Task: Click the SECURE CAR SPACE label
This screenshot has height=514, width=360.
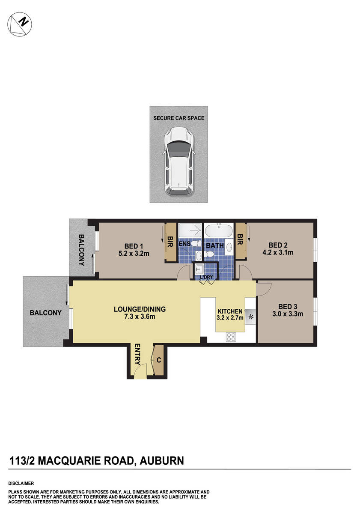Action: pos(179,118)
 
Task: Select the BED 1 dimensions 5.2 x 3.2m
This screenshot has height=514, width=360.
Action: pos(134,253)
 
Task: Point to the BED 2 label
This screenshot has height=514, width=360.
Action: pos(279,245)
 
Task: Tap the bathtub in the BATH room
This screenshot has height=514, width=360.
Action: pos(219,231)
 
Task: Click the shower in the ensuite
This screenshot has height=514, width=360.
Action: pos(189,231)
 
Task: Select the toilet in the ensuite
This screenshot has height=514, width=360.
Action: pos(195,244)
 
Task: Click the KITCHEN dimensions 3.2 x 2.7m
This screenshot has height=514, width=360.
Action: pos(230,318)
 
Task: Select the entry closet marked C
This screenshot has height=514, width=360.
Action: pos(158,360)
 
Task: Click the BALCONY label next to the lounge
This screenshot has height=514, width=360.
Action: pos(45,313)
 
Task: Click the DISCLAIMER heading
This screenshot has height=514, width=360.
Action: pos(21,483)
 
